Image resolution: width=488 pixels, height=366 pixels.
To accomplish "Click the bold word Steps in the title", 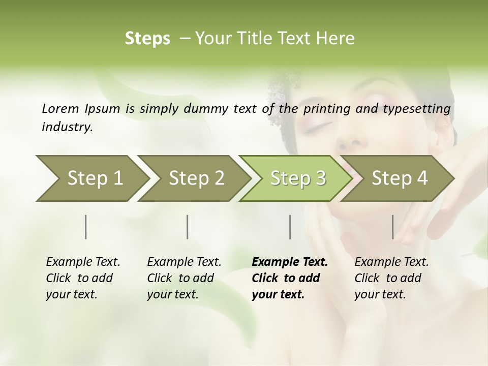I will click(x=147, y=39).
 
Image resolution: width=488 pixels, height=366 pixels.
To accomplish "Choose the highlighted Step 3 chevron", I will click(x=297, y=178).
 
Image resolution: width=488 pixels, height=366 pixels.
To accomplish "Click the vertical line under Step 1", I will click(x=86, y=227).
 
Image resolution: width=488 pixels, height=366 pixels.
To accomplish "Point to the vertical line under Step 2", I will click(x=188, y=227).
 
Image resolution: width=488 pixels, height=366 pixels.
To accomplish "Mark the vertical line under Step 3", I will click(x=290, y=227).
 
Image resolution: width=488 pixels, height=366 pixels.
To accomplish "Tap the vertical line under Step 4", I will click(x=393, y=227).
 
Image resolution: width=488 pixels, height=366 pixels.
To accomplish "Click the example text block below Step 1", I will click(x=83, y=278).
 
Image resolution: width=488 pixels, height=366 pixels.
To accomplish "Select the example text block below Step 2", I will click(x=184, y=278).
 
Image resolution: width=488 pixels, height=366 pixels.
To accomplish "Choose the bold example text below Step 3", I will click(x=290, y=278).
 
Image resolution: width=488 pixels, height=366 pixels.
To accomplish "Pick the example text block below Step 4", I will click(x=391, y=278).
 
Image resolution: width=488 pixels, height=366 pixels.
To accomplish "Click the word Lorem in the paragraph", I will click(x=60, y=108).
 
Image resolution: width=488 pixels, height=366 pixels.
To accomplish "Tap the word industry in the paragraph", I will click(x=67, y=127).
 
